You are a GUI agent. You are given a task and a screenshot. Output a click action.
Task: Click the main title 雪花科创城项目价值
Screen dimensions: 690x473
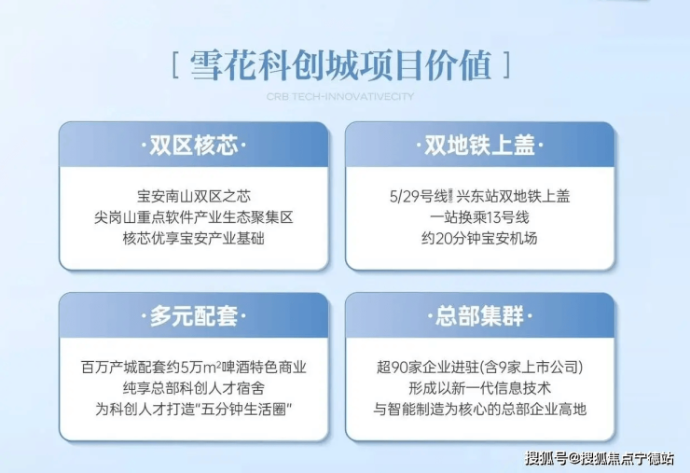point(341,65)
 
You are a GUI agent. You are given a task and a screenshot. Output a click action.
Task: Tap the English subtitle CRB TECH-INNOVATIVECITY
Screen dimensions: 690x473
point(340,96)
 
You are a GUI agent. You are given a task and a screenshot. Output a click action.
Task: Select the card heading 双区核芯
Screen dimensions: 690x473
point(194,145)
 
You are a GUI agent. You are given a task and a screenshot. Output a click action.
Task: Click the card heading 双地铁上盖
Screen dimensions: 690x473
point(479,145)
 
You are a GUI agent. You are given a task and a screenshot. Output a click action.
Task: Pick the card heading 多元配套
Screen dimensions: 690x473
point(194,315)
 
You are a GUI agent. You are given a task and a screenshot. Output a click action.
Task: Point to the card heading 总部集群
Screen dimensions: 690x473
point(479,315)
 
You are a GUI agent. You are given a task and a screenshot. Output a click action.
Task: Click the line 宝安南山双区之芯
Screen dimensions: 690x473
point(194,196)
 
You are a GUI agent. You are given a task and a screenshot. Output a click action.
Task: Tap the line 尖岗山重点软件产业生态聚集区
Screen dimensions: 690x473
point(194,217)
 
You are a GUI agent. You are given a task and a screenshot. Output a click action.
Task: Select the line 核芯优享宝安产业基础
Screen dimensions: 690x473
point(194,238)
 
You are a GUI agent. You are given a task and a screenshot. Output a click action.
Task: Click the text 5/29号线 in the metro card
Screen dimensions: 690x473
point(419,196)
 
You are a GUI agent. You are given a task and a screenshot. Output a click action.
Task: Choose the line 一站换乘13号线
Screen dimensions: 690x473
point(479,217)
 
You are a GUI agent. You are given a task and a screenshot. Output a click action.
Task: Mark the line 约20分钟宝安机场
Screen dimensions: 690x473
point(479,238)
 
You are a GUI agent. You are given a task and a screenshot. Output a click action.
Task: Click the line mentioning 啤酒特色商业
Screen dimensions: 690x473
point(194,367)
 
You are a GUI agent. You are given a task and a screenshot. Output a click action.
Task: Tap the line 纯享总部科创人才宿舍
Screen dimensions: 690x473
point(194,388)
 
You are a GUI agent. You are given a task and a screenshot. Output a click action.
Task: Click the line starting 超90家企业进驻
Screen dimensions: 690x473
point(479,367)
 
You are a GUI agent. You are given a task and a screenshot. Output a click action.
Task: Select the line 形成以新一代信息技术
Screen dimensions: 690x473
point(479,388)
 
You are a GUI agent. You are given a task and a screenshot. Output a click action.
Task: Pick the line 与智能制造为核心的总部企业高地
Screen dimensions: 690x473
point(479,410)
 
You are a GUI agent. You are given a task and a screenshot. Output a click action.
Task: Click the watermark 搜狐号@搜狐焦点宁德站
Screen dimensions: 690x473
point(599,458)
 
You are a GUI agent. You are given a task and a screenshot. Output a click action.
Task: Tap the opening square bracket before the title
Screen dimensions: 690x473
point(175,65)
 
